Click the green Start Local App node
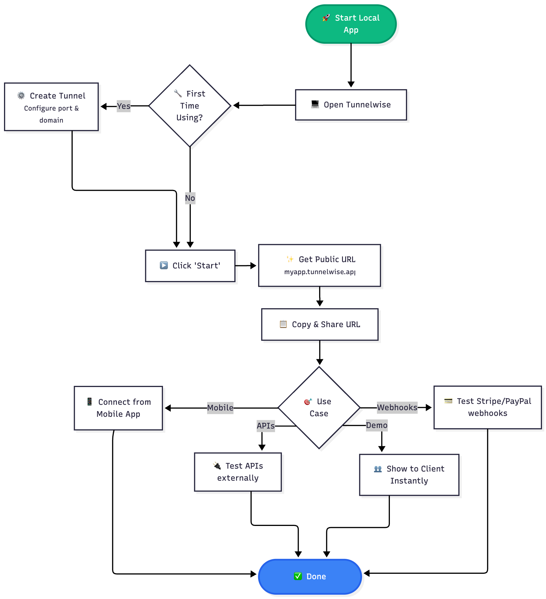(351, 24)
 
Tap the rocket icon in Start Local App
(326, 18)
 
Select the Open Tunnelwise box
(351, 105)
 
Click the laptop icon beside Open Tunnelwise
(315, 104)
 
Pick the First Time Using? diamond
(190, 106)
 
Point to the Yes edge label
(123, 106)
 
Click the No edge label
(190, 198)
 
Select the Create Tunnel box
(51, 107)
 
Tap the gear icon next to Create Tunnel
(21, 95)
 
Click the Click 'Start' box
(190, 266)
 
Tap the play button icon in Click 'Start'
(164, 265)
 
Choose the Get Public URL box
(319, 265)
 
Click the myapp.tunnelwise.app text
(320, 272)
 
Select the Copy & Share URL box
(320, 325)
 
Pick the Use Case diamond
(319, 408)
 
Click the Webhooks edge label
(397, 407)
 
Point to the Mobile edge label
(220, 408)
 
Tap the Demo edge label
(377, 425)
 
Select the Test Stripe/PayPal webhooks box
(488, 407)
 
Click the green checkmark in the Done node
(298, 576)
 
